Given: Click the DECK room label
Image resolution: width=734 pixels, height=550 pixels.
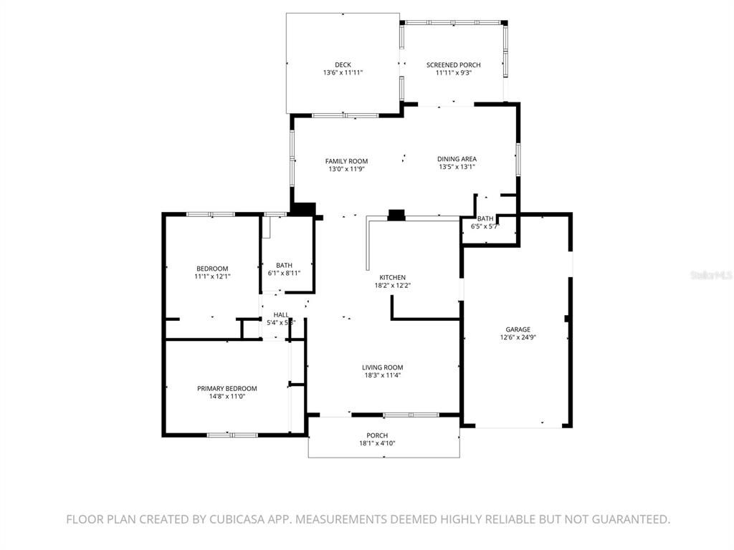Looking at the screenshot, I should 343,65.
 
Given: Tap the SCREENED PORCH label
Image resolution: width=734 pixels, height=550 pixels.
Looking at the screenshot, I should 453,65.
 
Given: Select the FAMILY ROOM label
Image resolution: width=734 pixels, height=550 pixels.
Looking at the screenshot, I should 346,161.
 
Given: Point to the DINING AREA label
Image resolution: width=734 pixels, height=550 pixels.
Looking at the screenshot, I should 457,159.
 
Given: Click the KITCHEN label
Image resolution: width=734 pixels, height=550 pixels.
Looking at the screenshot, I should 393,277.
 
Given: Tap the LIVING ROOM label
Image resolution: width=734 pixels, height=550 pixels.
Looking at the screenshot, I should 382,367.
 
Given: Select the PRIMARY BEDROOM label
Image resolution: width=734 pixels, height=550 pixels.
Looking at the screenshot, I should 227,388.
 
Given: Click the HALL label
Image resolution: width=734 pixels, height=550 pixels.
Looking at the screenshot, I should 280,314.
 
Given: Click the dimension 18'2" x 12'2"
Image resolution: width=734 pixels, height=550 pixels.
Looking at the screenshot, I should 393,285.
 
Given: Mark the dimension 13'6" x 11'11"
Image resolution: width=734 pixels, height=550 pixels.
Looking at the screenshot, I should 343,73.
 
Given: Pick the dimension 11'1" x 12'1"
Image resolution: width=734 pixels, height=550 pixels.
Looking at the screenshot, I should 212,276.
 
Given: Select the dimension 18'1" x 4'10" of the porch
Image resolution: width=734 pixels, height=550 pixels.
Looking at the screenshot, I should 377,443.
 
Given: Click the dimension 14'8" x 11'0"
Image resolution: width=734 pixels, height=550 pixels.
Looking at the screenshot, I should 227,396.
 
